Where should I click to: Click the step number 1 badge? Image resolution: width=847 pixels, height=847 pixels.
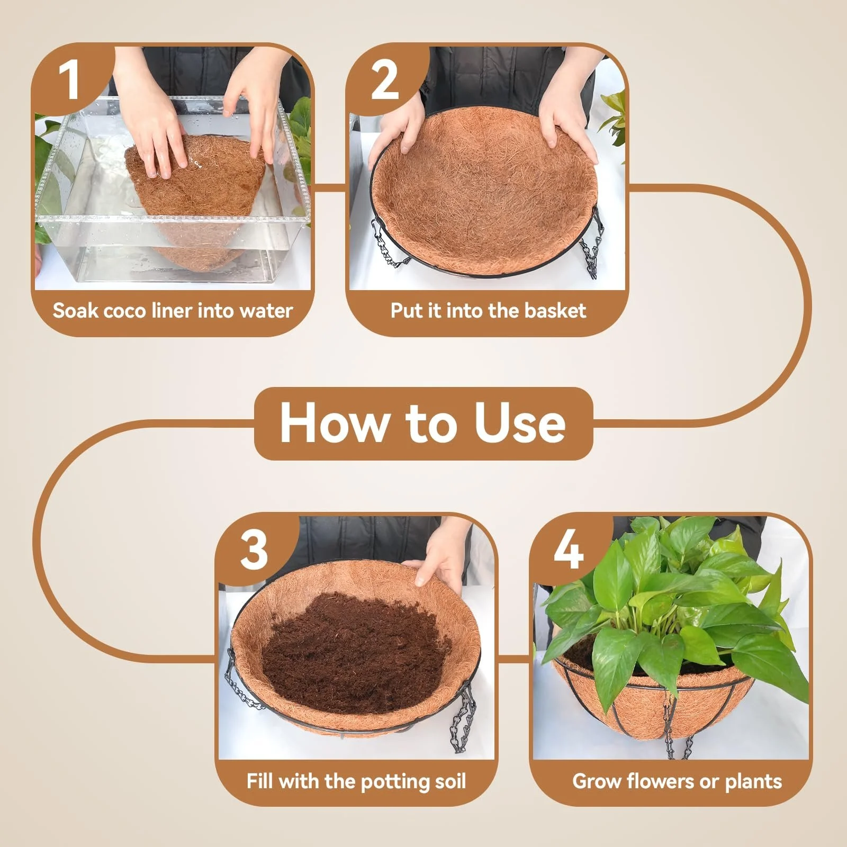click(x=69, y=79)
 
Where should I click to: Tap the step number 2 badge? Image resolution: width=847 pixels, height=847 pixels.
click(x=385, y=79)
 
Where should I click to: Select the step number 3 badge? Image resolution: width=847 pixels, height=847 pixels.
click(x=254, y=549)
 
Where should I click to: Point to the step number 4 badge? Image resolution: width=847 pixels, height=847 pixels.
click(x=569, y=549)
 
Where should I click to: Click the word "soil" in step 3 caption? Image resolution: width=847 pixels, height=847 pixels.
click(x=450, y=781)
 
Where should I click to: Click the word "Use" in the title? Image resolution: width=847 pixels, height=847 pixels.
click(x=520, y=424)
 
